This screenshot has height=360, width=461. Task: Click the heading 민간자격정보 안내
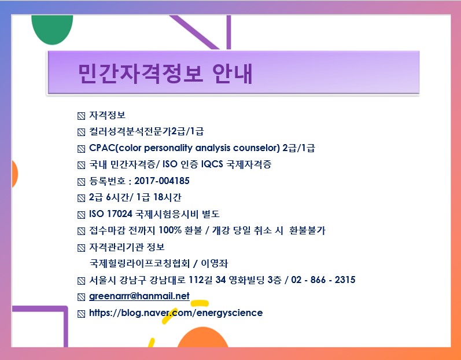pos(165,73)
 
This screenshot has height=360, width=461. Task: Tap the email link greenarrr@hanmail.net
pos(139,296)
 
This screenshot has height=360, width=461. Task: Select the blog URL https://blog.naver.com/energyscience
pos(176,313)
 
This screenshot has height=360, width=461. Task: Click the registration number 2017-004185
pos(162,181)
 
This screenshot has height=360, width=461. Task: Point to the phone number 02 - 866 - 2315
pos(323,280)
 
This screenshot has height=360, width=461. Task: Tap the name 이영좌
pos(215,263)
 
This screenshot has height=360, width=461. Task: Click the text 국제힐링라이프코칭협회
pos(139,263)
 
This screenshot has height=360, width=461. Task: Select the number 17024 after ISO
pos(119,214)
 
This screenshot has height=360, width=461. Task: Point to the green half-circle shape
pos(52,30)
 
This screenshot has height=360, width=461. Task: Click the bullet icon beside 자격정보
pos(81,116)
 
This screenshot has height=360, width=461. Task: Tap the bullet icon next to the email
pos(81,297)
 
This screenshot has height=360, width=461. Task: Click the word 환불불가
pos(307,230)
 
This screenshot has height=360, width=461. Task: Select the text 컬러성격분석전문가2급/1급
pos(146,131)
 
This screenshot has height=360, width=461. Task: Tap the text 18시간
pos(167,197)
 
